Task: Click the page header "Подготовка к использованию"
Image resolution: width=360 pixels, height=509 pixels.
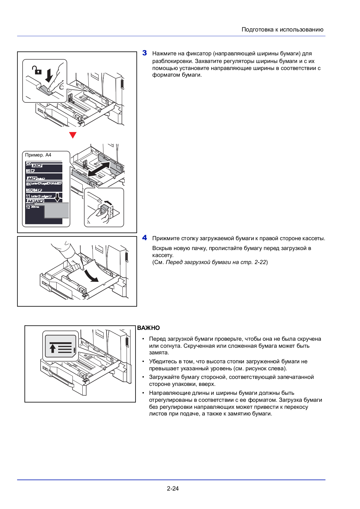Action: pyautogui.click(x=282, y=30)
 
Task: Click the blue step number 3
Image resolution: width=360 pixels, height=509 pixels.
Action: pyautogui.click(x=145, y=53)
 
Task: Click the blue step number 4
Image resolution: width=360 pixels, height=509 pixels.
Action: pyautogui.click(x=145, y=238)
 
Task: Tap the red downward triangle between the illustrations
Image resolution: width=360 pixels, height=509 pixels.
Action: pyautogui.click(x=73, y=135)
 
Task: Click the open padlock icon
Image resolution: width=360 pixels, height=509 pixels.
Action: pyautogui.click(x=36, y=70)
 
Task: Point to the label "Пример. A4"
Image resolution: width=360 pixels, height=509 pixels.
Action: pyautogui.click(x=38, y=155)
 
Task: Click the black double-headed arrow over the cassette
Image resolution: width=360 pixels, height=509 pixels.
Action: pyautogui.click(x=99, y=169)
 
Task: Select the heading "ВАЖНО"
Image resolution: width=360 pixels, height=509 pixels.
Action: pyautogui.click(x=149, y=328)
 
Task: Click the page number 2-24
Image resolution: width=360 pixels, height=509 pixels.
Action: pyautogui.click(x=173, y=488)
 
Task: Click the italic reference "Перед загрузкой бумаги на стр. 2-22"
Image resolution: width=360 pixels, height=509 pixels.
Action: pyautogui.click(x=216, y=262)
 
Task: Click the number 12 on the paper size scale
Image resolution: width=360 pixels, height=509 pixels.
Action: pyautogui.click(x=28, y=207)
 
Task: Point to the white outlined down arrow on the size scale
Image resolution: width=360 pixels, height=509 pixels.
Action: pyautogui.click(x=58, y=197)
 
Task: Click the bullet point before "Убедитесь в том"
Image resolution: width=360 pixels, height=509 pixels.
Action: pyautogui.click(x=143, y=361)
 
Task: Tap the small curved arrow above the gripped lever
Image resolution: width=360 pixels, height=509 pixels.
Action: pyautogui.click(x=108, y=202)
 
